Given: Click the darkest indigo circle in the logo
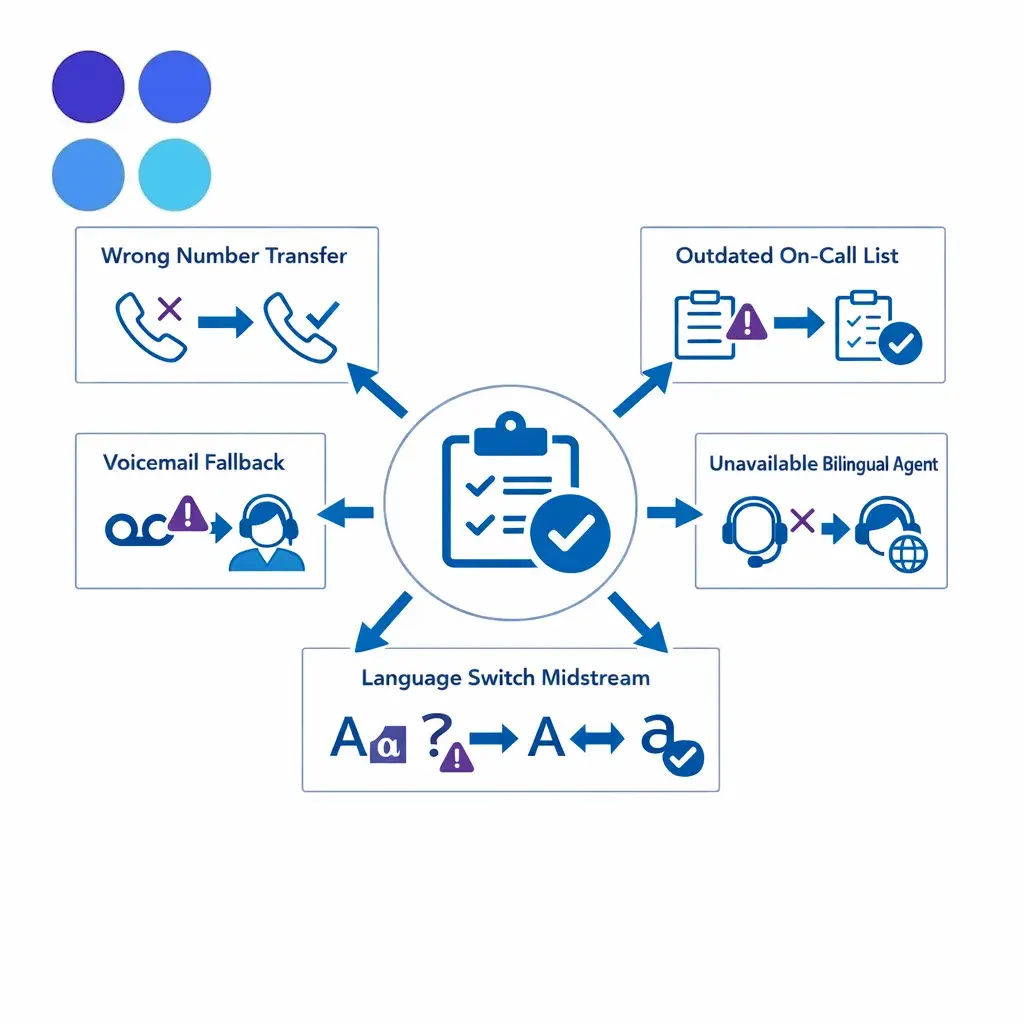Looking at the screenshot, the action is (88, 86).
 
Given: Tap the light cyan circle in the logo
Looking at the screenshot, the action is (174, 174).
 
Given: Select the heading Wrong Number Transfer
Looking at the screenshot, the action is (223, 256).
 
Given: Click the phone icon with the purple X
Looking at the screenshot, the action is (151, 327).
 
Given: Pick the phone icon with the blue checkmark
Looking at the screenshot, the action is (301, 327).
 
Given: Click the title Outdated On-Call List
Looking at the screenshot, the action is (786, 255).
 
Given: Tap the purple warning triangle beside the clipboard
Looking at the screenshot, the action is (746, 321).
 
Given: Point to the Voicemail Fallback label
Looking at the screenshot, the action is (193, 462).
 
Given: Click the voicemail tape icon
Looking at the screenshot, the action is (138, 530).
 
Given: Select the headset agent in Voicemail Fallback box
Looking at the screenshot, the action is (266, 533).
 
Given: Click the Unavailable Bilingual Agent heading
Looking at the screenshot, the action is (823, 464).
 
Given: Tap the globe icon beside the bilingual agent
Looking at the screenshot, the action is (908, 554).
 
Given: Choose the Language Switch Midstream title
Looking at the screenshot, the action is (505, 678).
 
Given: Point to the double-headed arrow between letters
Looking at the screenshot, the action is (597, 739).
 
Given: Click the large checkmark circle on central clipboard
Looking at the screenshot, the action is (570, 534).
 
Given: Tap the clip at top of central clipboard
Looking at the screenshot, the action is (511, 434).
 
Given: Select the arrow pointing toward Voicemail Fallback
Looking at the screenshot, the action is (345, 513).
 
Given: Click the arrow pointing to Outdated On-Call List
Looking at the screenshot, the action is (643, 389).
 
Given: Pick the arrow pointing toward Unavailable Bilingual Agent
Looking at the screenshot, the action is (675, 513).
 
